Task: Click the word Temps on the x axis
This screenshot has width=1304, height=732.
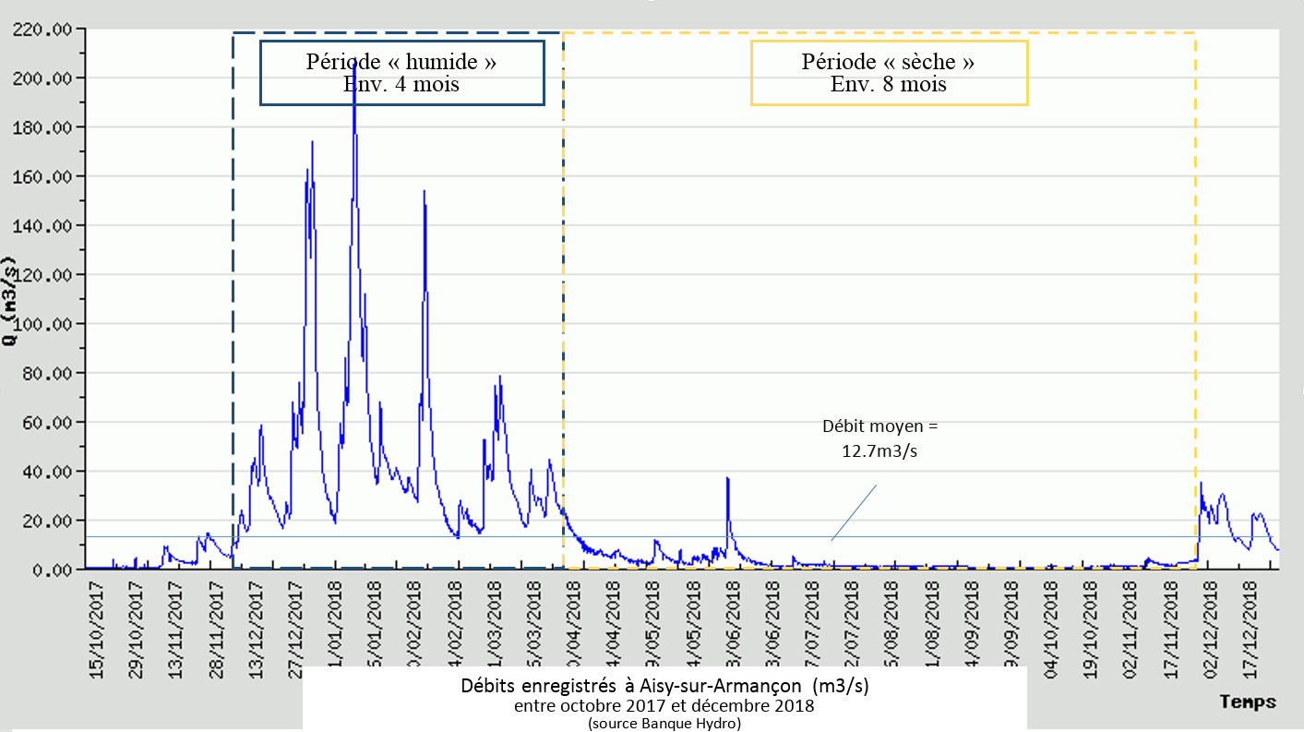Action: (1247, 702)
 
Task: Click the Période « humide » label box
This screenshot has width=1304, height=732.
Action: (401, 72)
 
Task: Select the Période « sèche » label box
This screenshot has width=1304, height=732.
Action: (889, 72)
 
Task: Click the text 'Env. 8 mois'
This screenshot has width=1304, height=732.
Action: (889, 85)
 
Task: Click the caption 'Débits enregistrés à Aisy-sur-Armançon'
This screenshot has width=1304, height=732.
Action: (664, 688)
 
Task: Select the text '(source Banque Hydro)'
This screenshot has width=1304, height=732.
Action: (664, 724)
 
